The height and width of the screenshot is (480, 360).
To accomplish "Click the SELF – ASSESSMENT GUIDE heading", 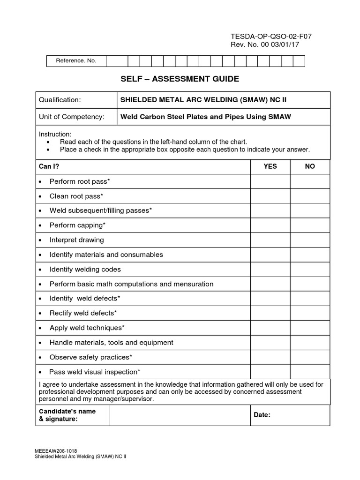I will (x=180, y=79).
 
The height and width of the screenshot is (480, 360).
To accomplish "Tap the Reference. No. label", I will (x=76, y=61).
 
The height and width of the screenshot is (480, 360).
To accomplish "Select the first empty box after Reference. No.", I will (x=117, y=61).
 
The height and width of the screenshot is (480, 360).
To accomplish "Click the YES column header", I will (x=270, y=166).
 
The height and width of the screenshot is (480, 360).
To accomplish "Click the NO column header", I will (x=310, y=166).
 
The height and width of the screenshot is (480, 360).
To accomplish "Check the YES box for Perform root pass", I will (x=270, y=181).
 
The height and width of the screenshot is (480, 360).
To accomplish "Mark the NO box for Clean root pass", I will (x=310, y=196).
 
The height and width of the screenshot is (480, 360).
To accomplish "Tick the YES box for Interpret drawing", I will (x=270, y=240).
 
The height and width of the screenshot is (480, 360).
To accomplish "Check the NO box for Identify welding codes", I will (x=310, y=270).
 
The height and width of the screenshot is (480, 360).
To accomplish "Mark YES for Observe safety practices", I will (x=270, y=357).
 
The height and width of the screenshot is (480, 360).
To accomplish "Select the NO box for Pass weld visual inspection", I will (x=310, y=372).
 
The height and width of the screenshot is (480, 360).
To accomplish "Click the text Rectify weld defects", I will (x=83, y=313).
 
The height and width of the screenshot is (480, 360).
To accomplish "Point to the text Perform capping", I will (x=77, y=225).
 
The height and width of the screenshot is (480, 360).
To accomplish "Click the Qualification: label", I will (x=60, y=100).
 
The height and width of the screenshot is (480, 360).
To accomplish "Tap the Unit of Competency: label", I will (x=72, y=117).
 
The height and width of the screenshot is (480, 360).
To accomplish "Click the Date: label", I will (x=262, y=415).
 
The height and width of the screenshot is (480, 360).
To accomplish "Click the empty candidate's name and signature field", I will (x=179, y=415).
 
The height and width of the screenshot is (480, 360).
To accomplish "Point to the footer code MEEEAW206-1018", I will (x=56, y=450).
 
